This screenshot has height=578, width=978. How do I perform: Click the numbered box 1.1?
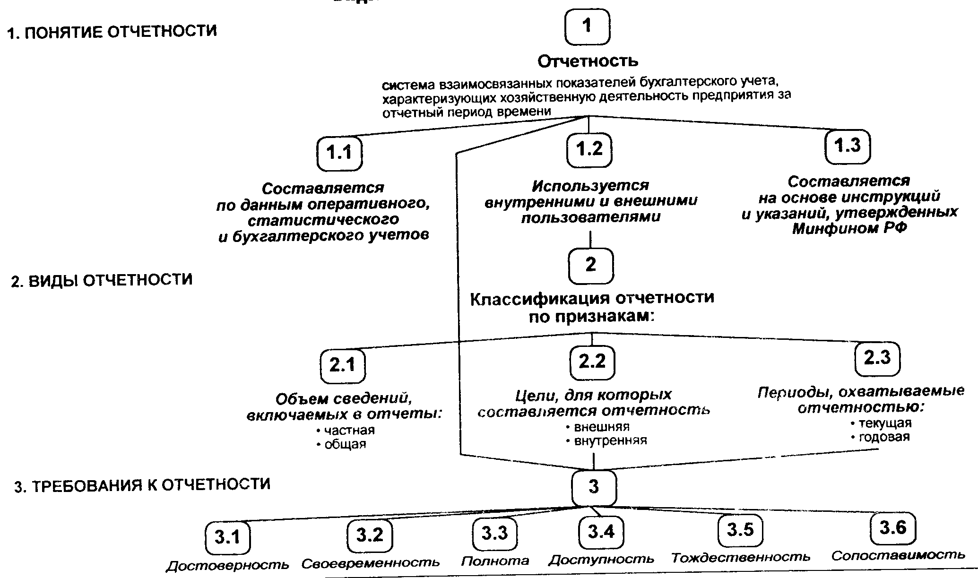pyautogui.click(x=340, y=153)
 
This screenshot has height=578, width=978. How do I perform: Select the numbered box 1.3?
pyautogui.click(x=848, y=146)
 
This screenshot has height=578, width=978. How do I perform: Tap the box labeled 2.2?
pyautogui.click(x=592, y=362)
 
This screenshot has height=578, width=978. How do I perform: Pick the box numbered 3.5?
pyautogui.click(x=740, y=530)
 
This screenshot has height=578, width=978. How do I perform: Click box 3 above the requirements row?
pyautogui.click(x=594, y=487)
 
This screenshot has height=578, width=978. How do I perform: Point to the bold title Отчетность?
pyautogui.click(x=588, y=61)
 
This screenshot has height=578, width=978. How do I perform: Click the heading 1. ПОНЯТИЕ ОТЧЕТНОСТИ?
pyautogui.click(x=112, y=32)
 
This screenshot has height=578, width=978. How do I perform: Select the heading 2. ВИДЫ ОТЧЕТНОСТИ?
pyautogui.click(x=102, y=280)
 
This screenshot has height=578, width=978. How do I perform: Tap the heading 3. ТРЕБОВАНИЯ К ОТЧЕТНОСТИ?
pyautogui.click(x=142, y=485)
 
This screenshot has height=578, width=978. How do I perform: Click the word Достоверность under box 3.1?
pyautogui.click(x=227, y=565)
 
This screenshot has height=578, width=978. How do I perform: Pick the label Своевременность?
pyautogui.click(x=371, y=563)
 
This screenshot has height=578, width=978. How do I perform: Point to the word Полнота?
pyautogui.click(x=495, y=561)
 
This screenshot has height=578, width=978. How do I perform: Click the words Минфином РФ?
pyautogui.click(x=849, y=229)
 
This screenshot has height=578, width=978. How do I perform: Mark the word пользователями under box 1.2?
pyautogui.click(x=590, y=217)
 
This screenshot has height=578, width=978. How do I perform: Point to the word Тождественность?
pyautogui.click(x=741, y=558)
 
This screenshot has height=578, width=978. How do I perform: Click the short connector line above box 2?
pyautogui.click(x=590, y=240)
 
